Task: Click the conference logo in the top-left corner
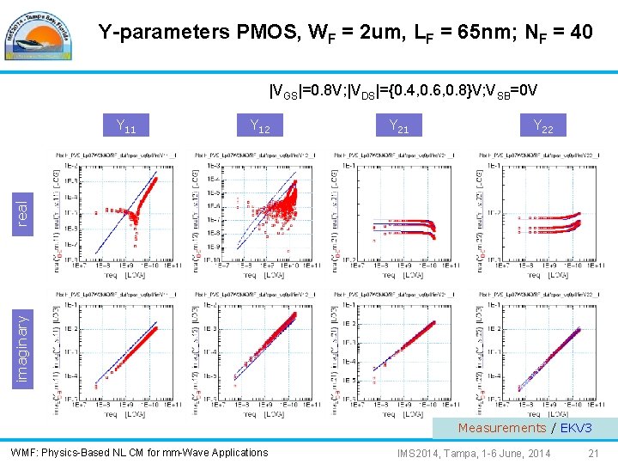(x=39, y=34)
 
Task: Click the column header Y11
(x=126, y=128)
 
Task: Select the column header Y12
(x=259, y=128)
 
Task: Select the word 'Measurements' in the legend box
(x=501, y=428)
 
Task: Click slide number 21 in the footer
(x=593, y=453)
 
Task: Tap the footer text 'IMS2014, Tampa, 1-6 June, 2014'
(x=474, y=453)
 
